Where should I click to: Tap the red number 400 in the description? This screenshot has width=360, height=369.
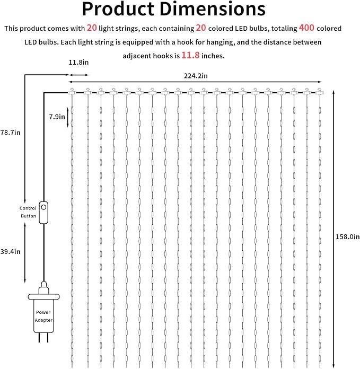306,28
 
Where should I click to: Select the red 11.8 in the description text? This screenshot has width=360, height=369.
190,55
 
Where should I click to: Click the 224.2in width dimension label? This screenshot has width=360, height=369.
196,76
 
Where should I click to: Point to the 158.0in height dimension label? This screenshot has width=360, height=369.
347,236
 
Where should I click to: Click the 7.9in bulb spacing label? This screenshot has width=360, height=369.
57,117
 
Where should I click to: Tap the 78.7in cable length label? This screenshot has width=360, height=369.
11,133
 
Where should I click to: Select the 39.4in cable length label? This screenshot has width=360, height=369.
11,252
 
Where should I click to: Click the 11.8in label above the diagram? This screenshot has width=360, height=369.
78,63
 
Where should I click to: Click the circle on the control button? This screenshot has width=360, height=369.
43,207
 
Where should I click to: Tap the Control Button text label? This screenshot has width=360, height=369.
28,212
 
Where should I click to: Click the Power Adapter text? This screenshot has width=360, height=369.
43,316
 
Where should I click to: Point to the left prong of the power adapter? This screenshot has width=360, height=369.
40,337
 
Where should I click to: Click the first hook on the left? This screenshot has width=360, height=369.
72,91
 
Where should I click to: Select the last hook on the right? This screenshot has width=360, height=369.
320,91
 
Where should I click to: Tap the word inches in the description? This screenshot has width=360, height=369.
213,56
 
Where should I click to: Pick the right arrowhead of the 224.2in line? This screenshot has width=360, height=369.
320,82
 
